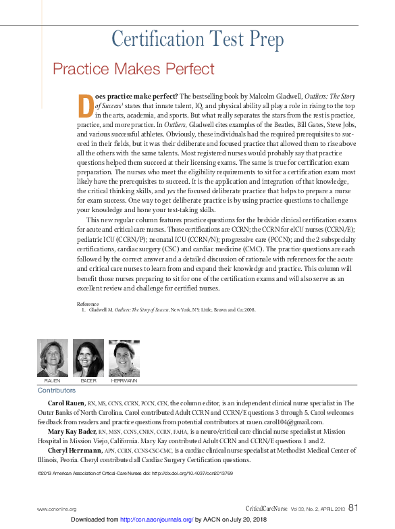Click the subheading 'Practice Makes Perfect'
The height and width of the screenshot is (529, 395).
coord(134,69)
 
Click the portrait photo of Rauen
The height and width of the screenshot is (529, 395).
coord(52,357)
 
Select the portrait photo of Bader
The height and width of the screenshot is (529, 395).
coord(88,357)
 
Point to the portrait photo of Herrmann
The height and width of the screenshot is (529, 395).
coord(124,357)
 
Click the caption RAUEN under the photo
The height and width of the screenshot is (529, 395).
coord(52,381)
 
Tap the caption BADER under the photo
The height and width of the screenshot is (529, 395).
coord(88,381)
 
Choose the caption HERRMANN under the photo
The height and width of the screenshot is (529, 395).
coord(124,381)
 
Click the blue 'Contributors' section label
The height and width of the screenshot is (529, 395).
coord(56,391)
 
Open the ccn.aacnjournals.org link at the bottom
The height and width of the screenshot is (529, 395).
coord(157,520)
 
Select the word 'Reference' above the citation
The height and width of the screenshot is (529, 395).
coord(88,304)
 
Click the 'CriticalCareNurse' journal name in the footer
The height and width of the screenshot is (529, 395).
coord(267,509)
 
